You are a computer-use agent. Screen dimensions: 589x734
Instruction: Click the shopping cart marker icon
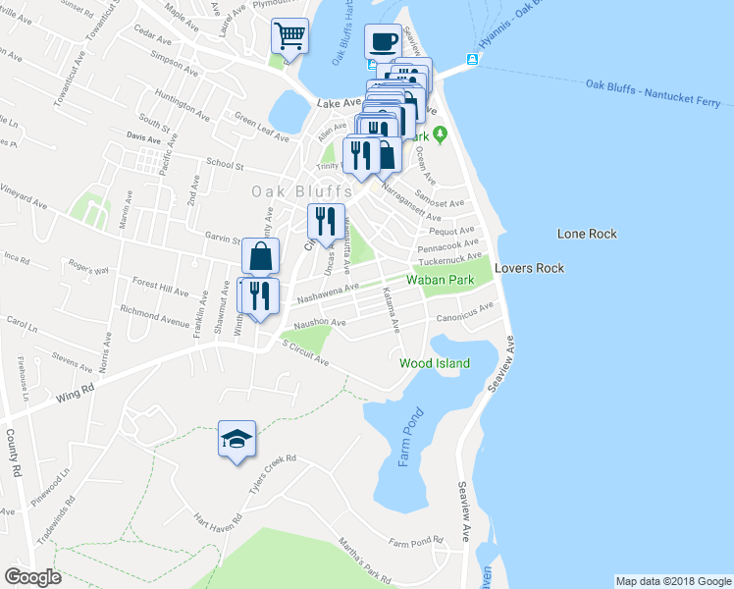click(x=289, y=36)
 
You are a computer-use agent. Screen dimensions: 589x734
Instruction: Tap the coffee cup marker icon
click(x=383, y=42)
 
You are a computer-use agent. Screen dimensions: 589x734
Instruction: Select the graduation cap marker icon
click(x=236, y=438)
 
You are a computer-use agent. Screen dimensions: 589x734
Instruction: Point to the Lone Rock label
click(x=587, y=234)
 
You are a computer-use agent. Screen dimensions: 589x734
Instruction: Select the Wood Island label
click(x=435, y=363)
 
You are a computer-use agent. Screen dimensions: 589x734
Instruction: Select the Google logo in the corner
click(x=31, y=576)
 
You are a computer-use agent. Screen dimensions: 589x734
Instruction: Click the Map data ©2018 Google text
click(x=672, y=581)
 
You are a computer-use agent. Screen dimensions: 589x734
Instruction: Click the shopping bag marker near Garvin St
click(x=260, y=257)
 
